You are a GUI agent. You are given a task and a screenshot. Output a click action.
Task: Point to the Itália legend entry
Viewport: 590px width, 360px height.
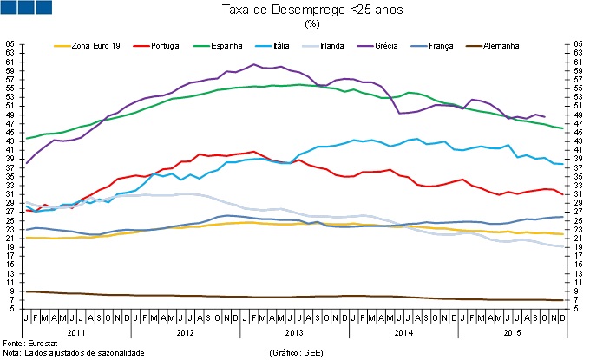point(281,44)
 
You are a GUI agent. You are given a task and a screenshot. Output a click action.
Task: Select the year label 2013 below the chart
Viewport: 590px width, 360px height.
point(293,331)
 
